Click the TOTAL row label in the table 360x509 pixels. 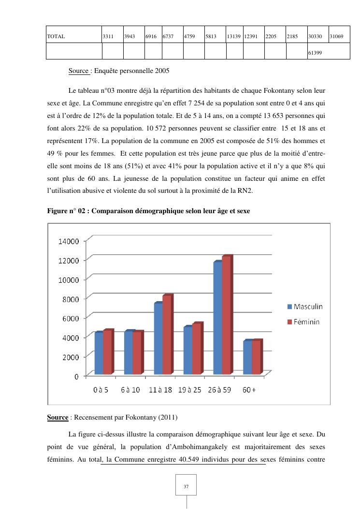(56, 36)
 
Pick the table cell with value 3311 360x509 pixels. (108, 36)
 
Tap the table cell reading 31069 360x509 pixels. (336, 36)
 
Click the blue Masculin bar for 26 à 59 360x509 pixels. (217, 319)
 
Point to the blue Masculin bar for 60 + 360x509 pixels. (247, 358)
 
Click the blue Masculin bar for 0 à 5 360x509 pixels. (99, 353)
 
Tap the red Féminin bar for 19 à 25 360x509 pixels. (197, 349)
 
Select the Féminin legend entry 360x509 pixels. (303, 321)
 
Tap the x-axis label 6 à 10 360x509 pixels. (130, 390)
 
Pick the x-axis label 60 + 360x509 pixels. (249, 390)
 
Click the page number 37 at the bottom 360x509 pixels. (187, 487)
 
